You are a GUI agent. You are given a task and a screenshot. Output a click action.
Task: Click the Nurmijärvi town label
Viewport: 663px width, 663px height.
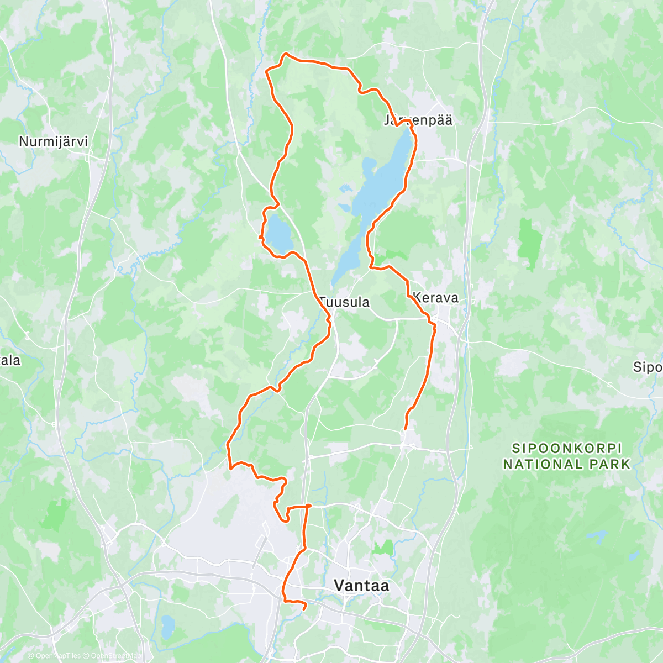[53, 141]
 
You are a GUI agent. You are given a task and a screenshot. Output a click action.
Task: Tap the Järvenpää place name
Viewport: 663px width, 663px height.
[418, 120]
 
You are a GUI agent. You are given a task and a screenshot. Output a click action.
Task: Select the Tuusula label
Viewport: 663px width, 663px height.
[344, 302]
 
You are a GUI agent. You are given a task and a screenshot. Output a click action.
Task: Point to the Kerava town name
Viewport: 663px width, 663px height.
[435, 298]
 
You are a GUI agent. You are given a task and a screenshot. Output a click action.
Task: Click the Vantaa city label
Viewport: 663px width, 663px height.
[361, 586]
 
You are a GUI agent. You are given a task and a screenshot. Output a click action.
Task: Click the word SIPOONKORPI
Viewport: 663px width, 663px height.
[566, 448]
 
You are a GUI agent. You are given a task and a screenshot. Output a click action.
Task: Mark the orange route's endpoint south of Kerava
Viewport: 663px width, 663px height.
[406, 428]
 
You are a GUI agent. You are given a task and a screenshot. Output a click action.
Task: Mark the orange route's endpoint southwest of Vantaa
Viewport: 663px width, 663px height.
[304, 608]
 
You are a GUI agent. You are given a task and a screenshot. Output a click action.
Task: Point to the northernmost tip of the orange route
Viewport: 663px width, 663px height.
[286, 54]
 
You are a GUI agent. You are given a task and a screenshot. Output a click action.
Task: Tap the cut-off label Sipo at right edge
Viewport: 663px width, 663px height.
[648, 367]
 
